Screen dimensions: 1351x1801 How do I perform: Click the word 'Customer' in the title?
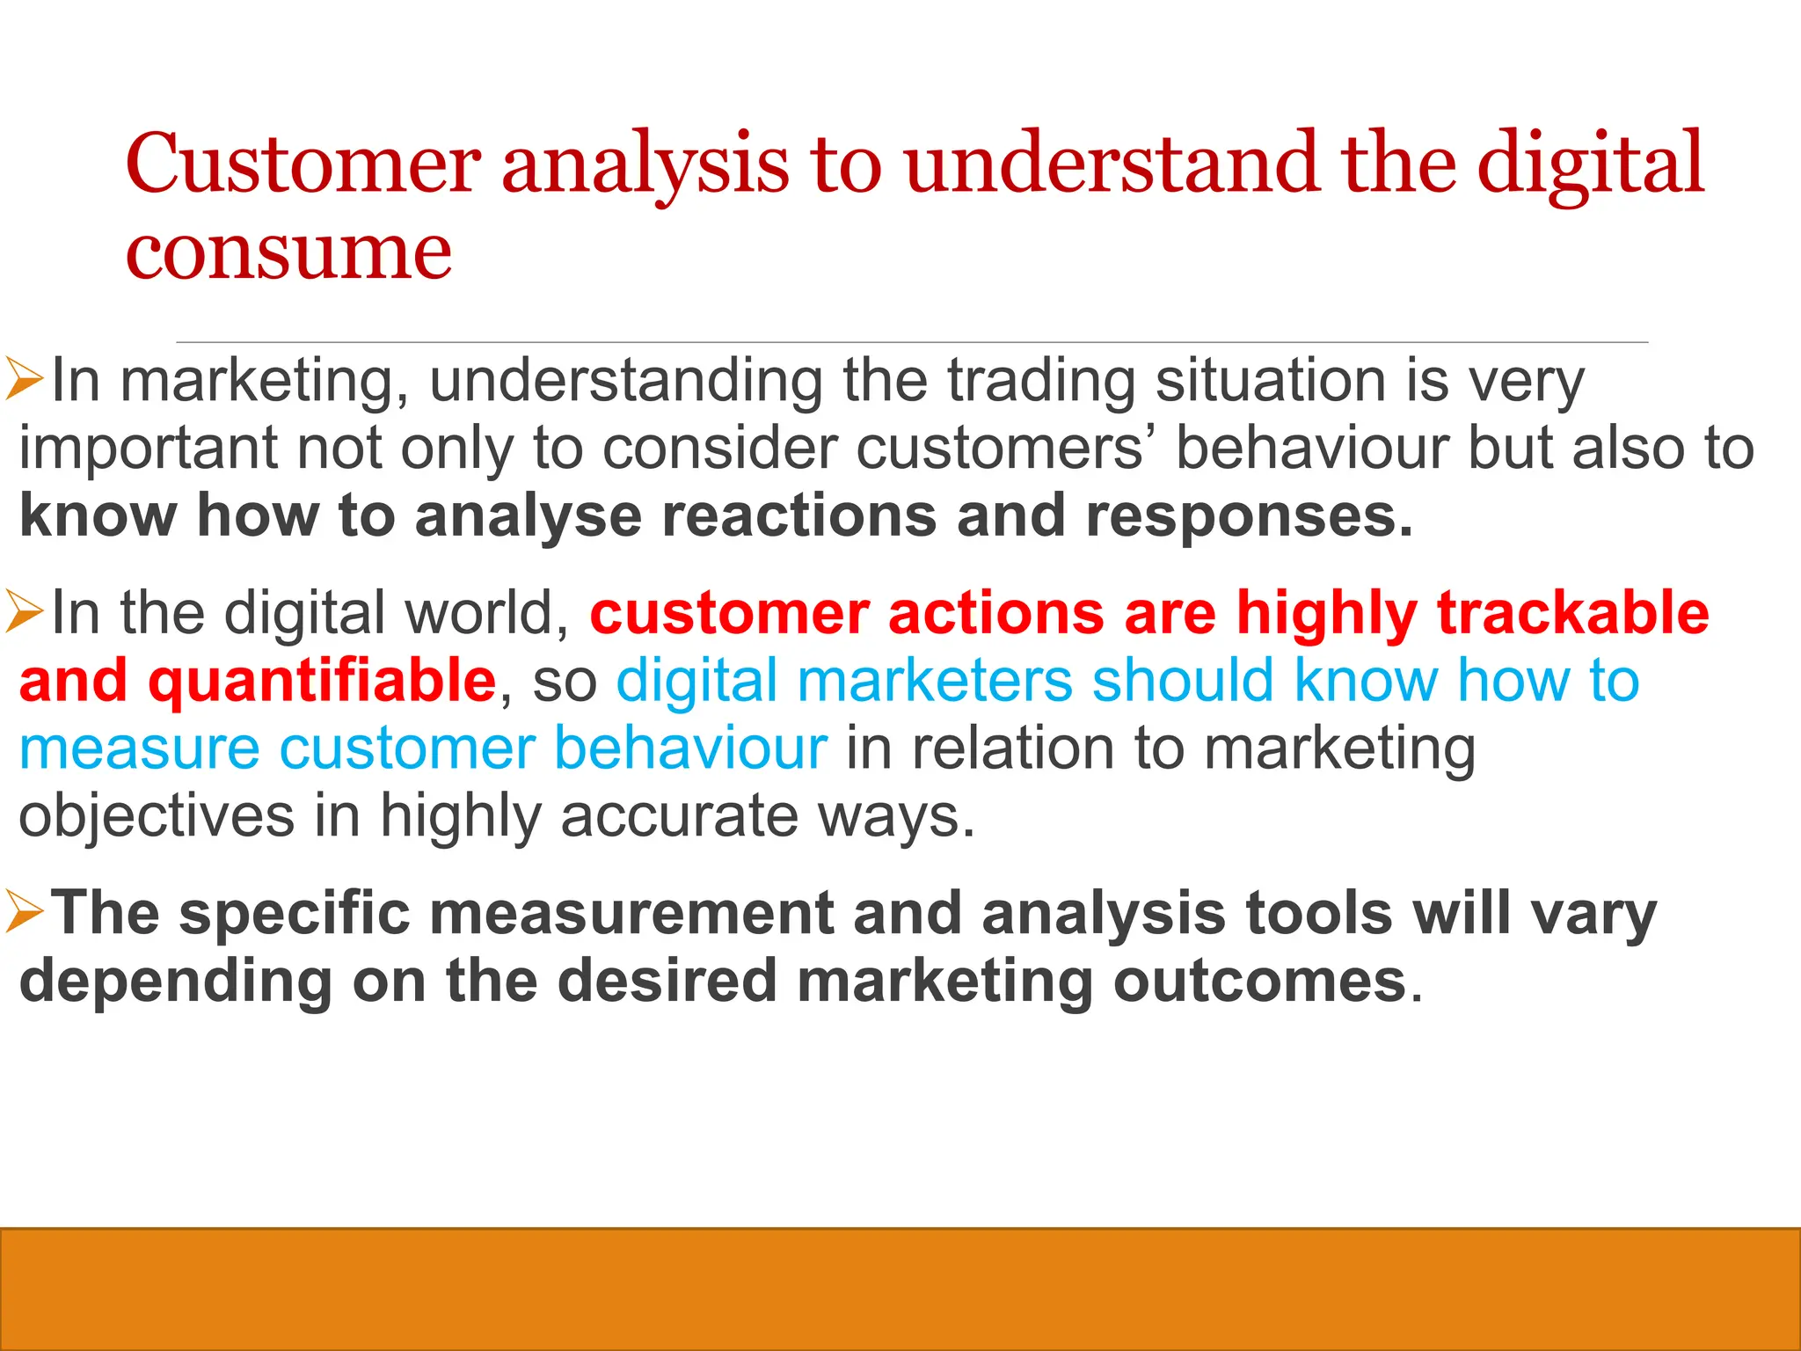(x=303, y=164)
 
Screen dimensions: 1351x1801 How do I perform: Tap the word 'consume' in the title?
(x=288, y=253)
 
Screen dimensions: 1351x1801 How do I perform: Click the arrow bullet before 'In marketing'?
(x=24, y=380)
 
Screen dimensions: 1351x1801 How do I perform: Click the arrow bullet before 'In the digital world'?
(x=24, y=612)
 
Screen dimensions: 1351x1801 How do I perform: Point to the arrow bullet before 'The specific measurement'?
(x=24, y=912)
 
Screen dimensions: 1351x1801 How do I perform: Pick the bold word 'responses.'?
(x=1249, y=517)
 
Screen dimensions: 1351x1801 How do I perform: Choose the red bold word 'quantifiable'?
(x=322, y=681)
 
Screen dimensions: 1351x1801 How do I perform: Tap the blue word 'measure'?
(x=139, y=749)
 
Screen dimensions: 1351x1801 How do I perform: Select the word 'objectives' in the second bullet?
(x=157, y=816)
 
